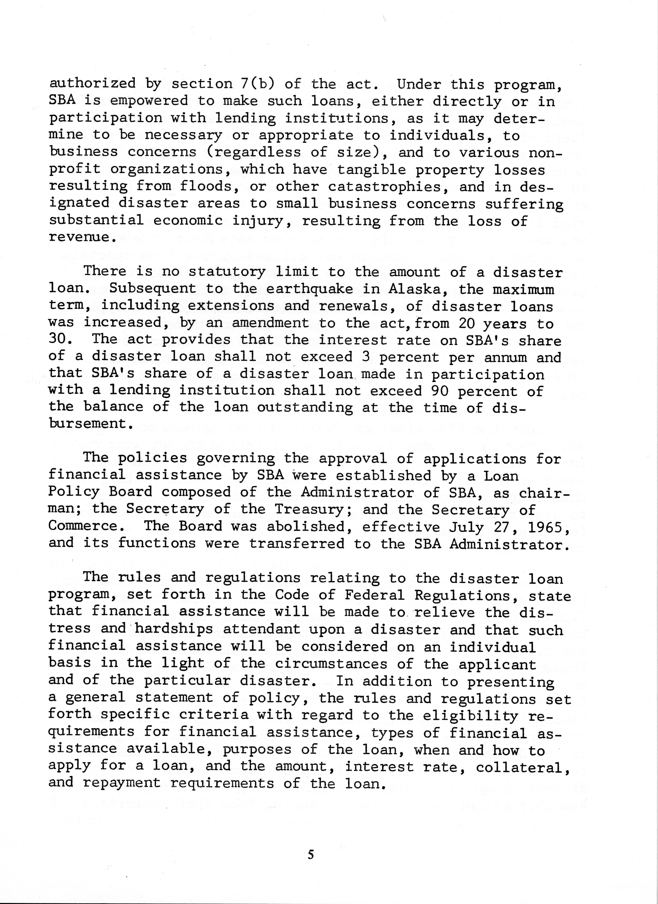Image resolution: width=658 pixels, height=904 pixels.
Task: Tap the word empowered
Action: [x=149, y=101]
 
